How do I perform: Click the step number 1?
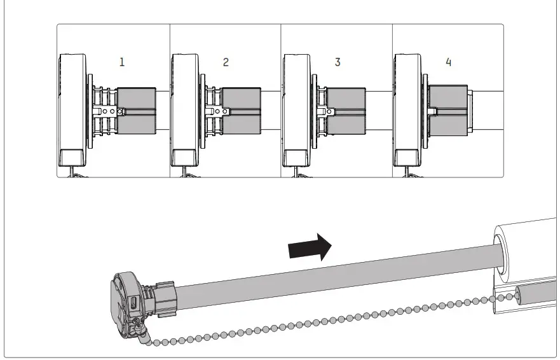pyautogui.click(x=121, y=62)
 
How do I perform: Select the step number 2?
pyautogui.click(x=226, y=62)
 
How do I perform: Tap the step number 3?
pyautogui.click(x=337, y=62)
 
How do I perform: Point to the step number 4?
pyautogui.click(x=449, y=62)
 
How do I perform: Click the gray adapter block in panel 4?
pyautogui.click(x=448, y=111)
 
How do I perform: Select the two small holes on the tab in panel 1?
pyautogui.click(x=108, y=111)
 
